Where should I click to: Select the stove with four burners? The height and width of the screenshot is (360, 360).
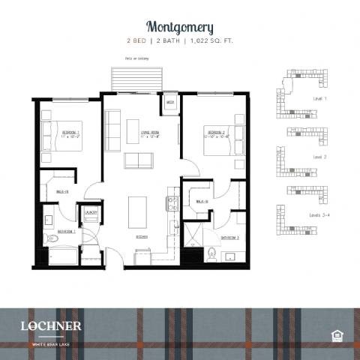coord(171,202)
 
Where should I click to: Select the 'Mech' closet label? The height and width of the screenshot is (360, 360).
coord(170,102)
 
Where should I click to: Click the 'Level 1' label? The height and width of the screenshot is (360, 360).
coord(320,99)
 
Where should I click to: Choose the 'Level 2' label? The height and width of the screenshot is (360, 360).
coord(320,156)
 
